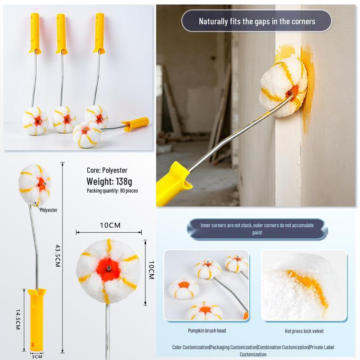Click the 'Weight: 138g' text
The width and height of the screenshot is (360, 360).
pyautogui.click(x=109, y=181)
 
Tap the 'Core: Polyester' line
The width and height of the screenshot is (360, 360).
pyautogui.click(x=107, y=170)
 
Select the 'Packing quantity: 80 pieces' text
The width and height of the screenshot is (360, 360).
pyautogui.click(x=112, y=190)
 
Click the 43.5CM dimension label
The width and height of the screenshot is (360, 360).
pyautogui.click(x=58, y=256)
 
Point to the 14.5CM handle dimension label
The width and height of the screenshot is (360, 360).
pyautogui.click(x=18, y=319)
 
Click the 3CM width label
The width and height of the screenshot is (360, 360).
pyautogui.click(x=37, y=356)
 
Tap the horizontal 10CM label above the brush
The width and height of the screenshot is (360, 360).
pyautogui.click(x=110, y=225)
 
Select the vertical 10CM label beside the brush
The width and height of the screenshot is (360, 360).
pyautogui.click(x=151, y=270)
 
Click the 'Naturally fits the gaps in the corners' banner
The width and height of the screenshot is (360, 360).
pyautogui.click(x=256, y=21)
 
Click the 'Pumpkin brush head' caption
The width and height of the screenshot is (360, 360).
pyautogui.click(x=207, y=331)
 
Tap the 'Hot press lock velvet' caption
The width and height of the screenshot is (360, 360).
pyautogui.click(x=304, y=331)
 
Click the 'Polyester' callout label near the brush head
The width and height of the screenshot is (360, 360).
pyautogui.click(x=49, y=210)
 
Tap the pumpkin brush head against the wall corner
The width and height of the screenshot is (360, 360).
pyautogui.click(x=284, y=87)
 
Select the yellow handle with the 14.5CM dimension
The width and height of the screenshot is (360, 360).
pyautogui.click(x=37, y=320)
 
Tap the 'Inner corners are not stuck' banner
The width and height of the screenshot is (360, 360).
pyautogui.click(x=257, y=229)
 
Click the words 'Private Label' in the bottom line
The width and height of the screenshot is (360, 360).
pyautogui.click(x=322, y=347)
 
